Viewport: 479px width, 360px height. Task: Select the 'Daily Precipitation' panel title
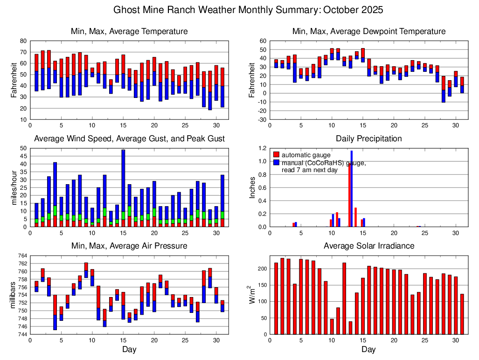coord(368,138)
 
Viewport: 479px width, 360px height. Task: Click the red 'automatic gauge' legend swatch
coord(277,155)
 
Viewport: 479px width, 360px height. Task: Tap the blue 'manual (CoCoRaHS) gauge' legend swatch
coord(277,163)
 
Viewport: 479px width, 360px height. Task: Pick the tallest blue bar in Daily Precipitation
coord(351,187)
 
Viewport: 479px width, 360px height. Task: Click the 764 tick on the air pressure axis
coord(22,256)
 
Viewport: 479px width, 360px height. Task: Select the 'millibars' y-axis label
coord(13,295)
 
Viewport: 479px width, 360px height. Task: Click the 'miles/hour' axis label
coord(13,187)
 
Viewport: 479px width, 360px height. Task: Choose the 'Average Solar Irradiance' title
coord(368,246)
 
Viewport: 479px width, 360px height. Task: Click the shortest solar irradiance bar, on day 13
coord(350,327)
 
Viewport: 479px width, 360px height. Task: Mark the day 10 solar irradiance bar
coord(332,326)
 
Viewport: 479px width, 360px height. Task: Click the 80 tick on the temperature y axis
coord(23,41)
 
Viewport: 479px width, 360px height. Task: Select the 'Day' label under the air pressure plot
coord(129,349)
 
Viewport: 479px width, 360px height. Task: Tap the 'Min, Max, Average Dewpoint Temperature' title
coord(368,31)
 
